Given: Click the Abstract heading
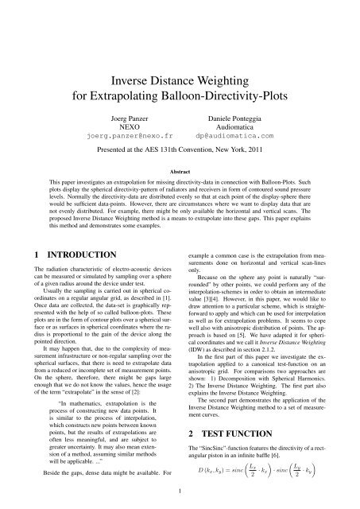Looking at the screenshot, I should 180,170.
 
